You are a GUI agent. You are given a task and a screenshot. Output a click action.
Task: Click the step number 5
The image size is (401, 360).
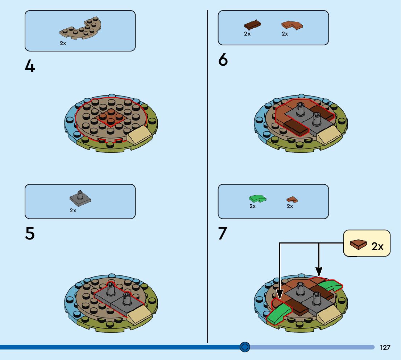click(30, 234)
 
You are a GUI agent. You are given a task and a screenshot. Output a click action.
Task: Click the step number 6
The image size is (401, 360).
click(223, 60)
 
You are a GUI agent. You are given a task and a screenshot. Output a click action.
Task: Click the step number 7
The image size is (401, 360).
click(223, 234)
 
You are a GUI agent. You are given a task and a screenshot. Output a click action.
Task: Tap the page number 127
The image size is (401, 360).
click(385, 347)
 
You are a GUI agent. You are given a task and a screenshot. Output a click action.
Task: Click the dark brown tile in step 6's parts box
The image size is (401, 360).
click(252, 25)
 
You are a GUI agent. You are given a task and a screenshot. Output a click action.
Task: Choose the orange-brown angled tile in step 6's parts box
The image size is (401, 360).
click(292, 25)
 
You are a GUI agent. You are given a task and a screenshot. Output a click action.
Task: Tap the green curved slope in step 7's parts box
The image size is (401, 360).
click(257, 198)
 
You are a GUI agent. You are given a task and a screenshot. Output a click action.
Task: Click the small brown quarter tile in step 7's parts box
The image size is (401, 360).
click(292, 199)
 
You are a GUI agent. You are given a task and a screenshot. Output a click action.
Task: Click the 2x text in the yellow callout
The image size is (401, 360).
click(377, 246)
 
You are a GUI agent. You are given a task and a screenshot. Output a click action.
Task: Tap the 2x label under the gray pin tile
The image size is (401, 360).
click(73, 210)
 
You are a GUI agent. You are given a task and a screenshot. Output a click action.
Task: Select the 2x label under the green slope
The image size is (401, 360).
click(252, 206)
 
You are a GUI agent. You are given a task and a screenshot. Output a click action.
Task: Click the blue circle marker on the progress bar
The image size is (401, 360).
click(245, 347)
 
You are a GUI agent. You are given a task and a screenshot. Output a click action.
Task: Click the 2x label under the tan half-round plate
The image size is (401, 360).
click(63, 43)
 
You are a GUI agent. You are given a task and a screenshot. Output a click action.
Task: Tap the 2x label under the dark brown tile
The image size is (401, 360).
click(247, 34)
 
